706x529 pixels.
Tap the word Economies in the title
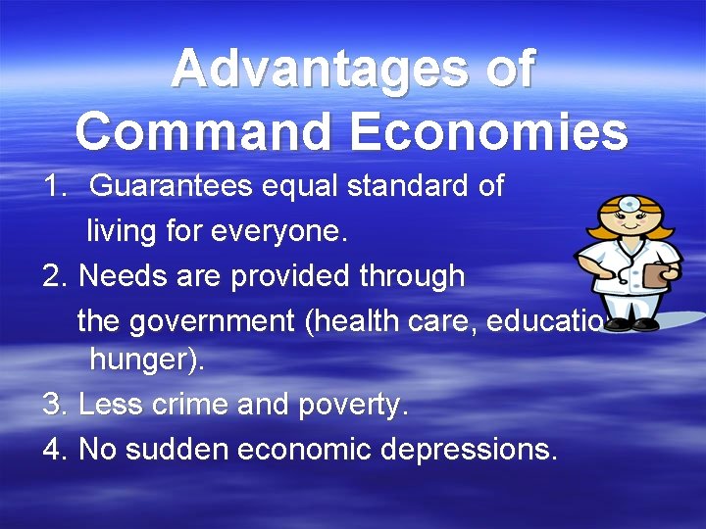tap(488, 132)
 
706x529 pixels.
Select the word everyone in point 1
tap(289, 232)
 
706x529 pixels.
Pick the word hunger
tap(143, 361)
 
